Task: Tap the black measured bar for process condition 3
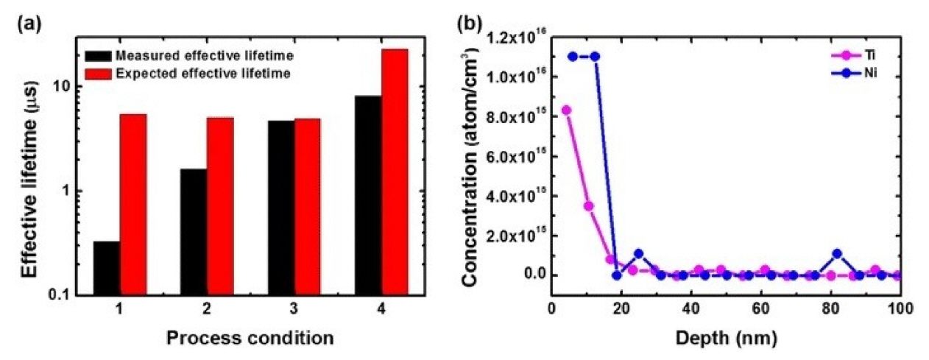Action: tap(280, 208)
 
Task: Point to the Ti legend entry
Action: tap(869, 54)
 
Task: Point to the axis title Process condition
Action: tap(250, 339)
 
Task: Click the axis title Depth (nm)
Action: tap(725, 338)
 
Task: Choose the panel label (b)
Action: tap(470, 22)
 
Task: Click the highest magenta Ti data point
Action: tap(566, 110)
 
